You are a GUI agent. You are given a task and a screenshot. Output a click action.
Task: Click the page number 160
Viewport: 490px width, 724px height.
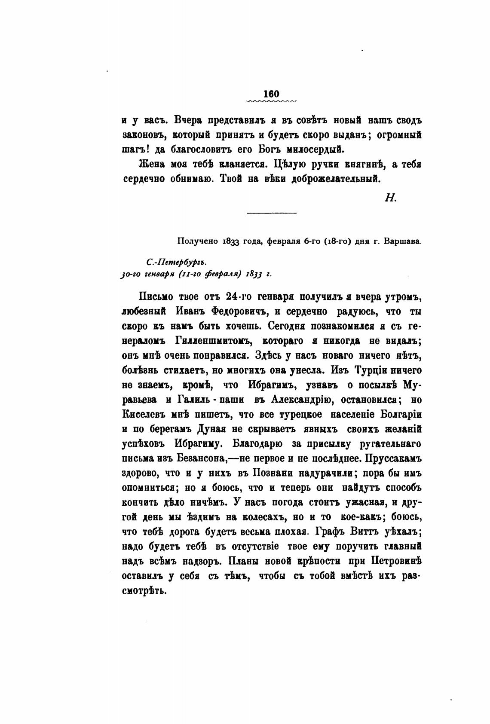[272, 94]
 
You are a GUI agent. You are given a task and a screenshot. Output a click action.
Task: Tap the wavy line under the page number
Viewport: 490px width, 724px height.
[272, 102]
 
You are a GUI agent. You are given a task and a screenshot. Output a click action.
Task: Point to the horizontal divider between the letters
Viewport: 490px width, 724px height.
[272, 213]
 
